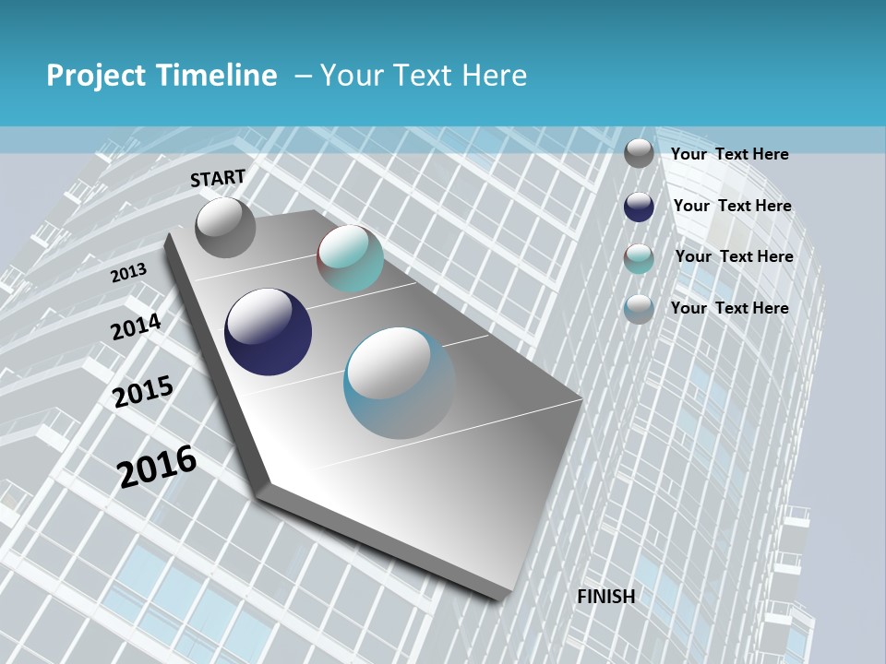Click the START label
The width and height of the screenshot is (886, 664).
tap(218, 178)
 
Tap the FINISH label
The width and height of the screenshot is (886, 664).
tap(605, 597)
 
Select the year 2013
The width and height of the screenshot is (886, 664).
tap(129, 272)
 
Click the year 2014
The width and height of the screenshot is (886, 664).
tap(136, 326)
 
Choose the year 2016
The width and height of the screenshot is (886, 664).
tap(157, 466)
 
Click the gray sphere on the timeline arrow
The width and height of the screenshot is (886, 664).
tap(225, 228)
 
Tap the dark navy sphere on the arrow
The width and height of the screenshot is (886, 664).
tap(268, 332)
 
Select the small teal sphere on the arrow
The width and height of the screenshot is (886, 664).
tap(350, 258)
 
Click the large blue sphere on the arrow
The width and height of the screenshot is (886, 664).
tap(400, 383)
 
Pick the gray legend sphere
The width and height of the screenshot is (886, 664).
tap(639, 153)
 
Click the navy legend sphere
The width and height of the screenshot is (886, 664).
tap(639, 207)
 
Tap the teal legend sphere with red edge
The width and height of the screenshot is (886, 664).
tap(639, 258)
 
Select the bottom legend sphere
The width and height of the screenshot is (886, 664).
tap(639, 309)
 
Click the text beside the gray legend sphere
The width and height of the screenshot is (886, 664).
tap(729, 154)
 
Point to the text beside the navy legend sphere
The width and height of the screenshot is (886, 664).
tap(732, 206)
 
